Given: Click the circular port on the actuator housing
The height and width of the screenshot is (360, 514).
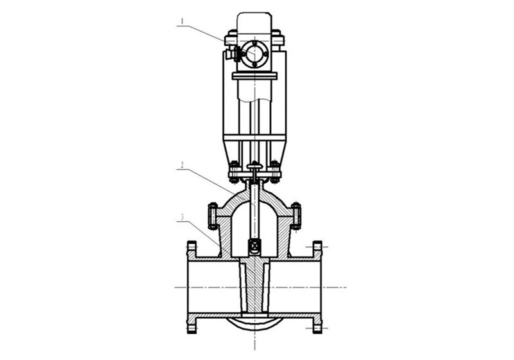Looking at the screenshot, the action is click(x=254, y=54).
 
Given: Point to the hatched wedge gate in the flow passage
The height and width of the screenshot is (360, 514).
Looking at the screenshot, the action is click(x=254, y=285).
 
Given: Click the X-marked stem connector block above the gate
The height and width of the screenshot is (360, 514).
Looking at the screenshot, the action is click(x=254, y=245).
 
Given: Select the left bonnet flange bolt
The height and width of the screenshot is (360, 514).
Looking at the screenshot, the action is click(x=212, y=215).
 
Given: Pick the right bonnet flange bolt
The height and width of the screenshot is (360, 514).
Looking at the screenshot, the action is click(x=296, y=215).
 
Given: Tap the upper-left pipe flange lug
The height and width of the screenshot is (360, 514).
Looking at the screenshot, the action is click(x=191, y=249).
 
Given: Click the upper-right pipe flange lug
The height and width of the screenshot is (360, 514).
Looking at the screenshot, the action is click(x=317, y=249).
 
